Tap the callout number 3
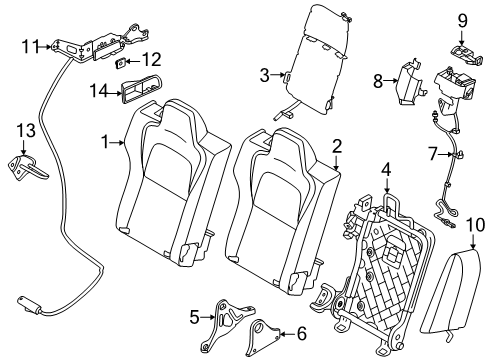coord(264,74)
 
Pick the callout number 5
coord(193,317)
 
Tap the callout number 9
coord(463,19)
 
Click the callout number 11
coord(31,45)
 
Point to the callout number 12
coord(153,61)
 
